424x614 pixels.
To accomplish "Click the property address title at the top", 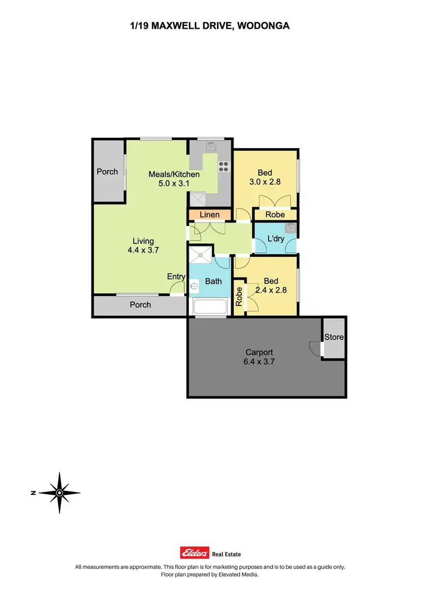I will tap(210, 25).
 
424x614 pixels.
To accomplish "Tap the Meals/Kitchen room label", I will tap(174, 174).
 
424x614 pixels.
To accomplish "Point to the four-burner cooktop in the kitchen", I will tap(223, 167).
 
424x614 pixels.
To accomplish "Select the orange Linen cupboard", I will tap(209, 215).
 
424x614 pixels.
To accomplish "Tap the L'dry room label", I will tap(275, 239).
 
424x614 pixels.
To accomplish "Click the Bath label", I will tap(214, 281).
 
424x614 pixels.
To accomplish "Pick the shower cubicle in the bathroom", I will tap(201, 255).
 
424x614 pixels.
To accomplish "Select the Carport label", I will tap(259, 352).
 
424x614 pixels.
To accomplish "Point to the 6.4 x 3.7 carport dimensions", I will tap(259, 362).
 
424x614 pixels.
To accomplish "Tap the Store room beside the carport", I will tap(334, 337).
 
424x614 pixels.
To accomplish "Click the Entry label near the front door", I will tap(176, 276).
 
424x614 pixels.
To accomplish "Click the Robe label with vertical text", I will tap(239, 297).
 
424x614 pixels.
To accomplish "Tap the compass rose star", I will tap(59, 493).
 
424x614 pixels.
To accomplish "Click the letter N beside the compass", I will tap(34, 493).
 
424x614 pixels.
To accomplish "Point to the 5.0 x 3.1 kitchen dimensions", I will tap(174, 183).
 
